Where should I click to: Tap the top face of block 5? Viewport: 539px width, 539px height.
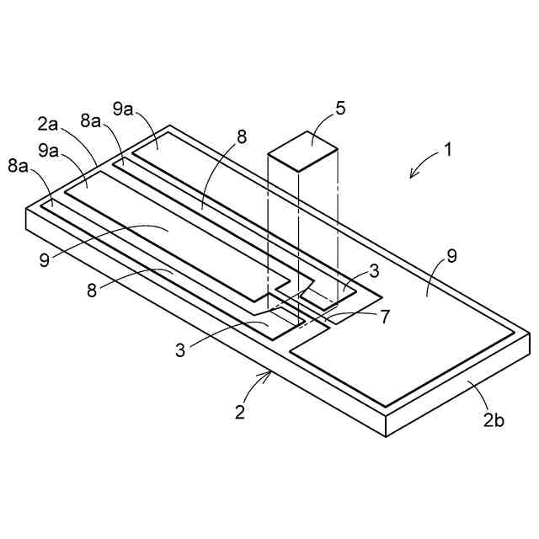click(x=304, y=150)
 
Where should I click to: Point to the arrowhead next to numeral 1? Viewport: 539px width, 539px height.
click(x=412, y=175)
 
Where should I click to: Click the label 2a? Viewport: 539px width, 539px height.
click(x=48, y=125)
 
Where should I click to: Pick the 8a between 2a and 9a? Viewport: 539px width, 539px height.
click(x=92, y=120)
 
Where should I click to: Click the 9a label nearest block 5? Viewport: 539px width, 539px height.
click(x=125, y=110)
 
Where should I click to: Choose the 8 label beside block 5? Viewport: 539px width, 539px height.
click(x=242, y=138)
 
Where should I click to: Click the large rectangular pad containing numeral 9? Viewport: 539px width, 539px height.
click(x=404, y=337)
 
